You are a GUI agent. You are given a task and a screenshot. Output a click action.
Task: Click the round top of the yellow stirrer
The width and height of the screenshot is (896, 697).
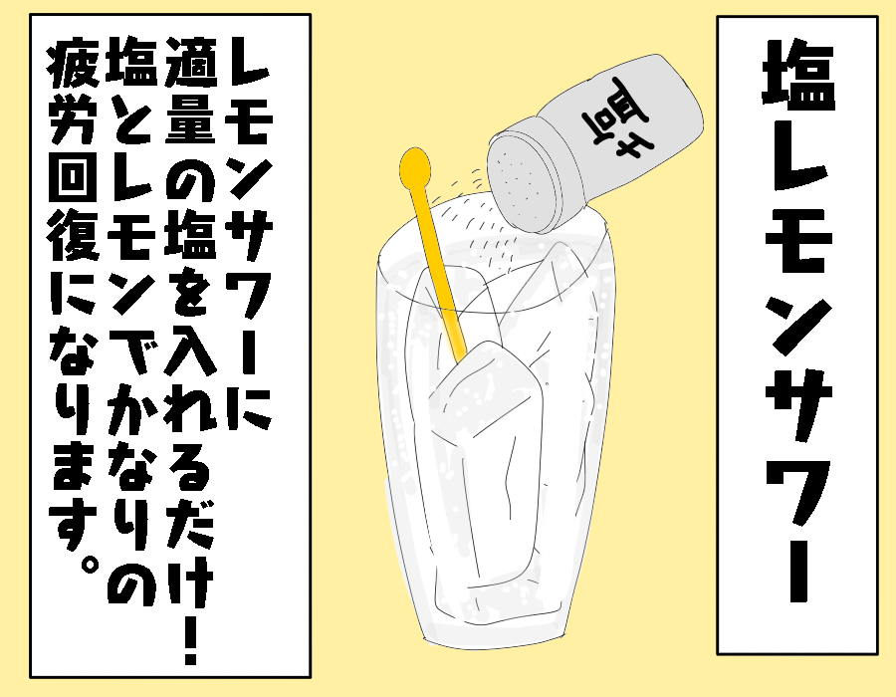click(x=415, y=165)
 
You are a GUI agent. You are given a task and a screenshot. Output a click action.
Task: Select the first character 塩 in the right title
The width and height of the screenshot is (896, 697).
click(x=798, y=75)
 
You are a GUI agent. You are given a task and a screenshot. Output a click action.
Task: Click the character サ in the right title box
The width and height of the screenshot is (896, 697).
click(x=798, y=408)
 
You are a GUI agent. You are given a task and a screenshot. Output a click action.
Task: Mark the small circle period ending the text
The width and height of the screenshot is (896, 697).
click(x=88, y=567)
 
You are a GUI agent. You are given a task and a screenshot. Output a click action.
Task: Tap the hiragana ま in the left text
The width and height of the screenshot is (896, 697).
click(x=73, y=466)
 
